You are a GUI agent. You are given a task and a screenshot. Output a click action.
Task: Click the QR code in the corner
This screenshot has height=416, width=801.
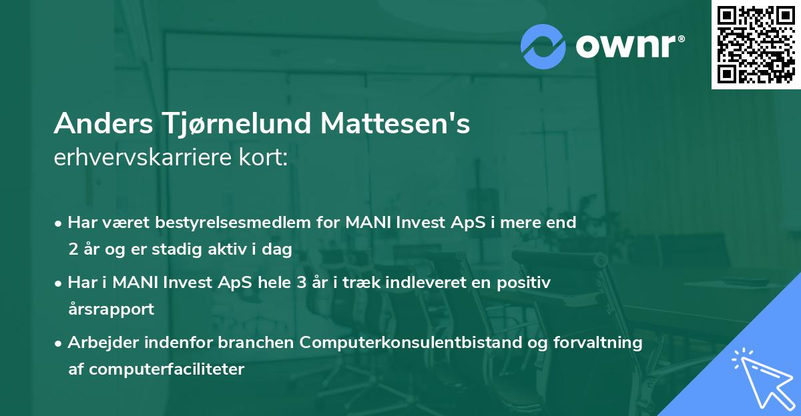[756, 45]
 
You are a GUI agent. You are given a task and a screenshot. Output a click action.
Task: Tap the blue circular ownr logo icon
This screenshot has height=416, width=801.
[543, 47]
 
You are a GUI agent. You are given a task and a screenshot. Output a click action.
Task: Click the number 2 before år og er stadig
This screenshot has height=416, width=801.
[73, 249]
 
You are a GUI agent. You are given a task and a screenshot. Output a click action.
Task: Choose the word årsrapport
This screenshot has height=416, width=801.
[111, 309]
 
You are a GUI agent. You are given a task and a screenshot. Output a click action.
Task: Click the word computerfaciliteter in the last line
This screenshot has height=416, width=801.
[166, 369]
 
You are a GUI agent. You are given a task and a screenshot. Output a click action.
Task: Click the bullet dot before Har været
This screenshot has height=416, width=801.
[59, 223]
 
